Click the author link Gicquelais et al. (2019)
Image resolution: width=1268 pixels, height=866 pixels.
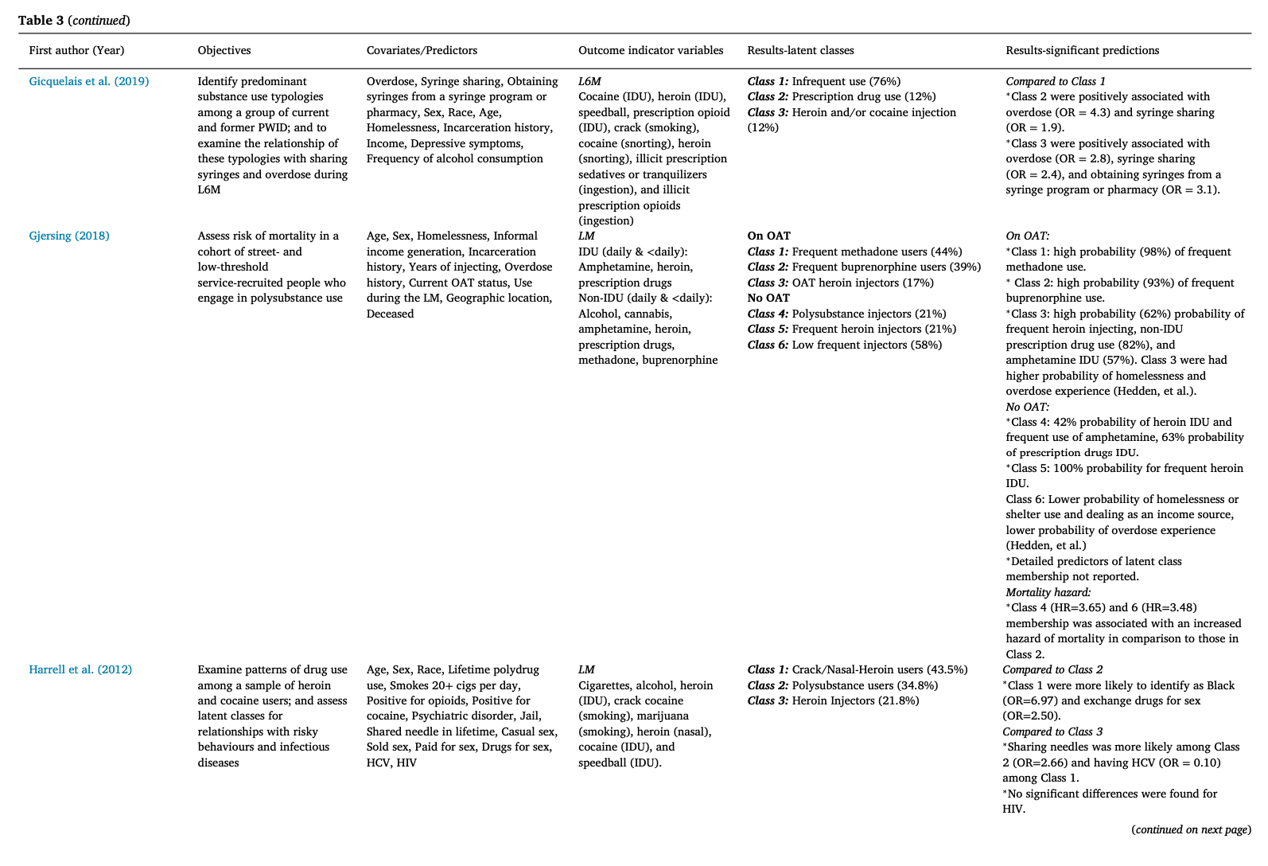pyautogui.click(x=88, y=81)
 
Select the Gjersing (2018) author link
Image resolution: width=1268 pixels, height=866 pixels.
pyautogui.click(x=69, y=236)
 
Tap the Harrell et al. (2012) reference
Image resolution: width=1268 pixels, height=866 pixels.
pyautogui.click(x=80, y=669)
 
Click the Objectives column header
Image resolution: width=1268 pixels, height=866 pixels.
pyautogui.click(x=224, y=50)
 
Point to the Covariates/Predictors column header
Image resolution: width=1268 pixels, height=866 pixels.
pyautogui.click(x=422, y=50)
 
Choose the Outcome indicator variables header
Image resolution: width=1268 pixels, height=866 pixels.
pyautogui.click(x=651, y=50)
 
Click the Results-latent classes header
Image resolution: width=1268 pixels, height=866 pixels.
pyautogui.click(x=800, y=50)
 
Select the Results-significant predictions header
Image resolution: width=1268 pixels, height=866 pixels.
pyautogui.click(x=1082, y=50)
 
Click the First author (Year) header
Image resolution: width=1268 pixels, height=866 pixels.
pyautogui.click(x=76, y=50)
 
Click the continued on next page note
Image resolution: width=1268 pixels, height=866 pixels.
pyautogui.click(x=1191, y=829)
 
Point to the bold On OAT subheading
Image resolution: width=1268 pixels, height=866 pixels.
pyautogui.click(x=768, y=236)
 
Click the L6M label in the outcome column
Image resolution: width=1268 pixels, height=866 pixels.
pyautogui.click(x=589, y=81)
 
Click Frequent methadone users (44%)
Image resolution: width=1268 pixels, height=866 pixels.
pyautogui.click(x=877, y=252)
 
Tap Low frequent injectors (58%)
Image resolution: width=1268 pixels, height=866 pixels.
pyautogui.click(x=866, y=345)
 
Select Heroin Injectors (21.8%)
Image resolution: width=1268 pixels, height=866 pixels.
pyautogui.click(x=855, y=700)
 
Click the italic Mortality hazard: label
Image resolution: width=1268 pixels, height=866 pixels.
pyautogui.click(x=1048, y=592)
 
